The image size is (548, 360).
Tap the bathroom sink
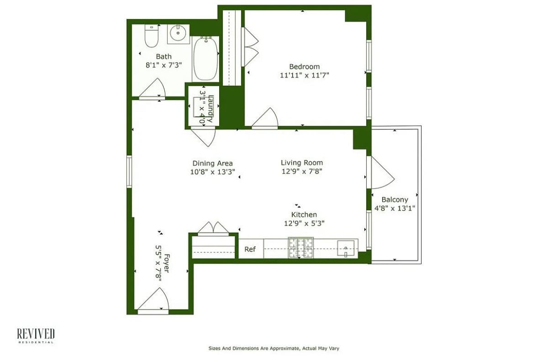[178, 33]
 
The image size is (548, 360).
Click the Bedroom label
[304, 66]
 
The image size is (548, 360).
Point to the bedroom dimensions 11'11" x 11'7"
[304, 75]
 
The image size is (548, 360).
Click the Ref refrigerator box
[250, 249]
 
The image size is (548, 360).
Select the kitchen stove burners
[300, 248]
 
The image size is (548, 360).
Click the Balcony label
[395, 200]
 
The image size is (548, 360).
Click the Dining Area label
[212, 163]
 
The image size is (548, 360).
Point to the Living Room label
[301, 163]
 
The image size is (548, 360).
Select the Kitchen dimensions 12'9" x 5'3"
[304, 223]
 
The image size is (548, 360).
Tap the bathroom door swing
[153, 89]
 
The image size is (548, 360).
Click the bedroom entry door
[265, 119]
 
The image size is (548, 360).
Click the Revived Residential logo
[36, 335]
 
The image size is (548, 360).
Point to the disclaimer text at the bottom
[274, 348]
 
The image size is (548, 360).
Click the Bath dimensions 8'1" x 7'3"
[164, 65]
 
